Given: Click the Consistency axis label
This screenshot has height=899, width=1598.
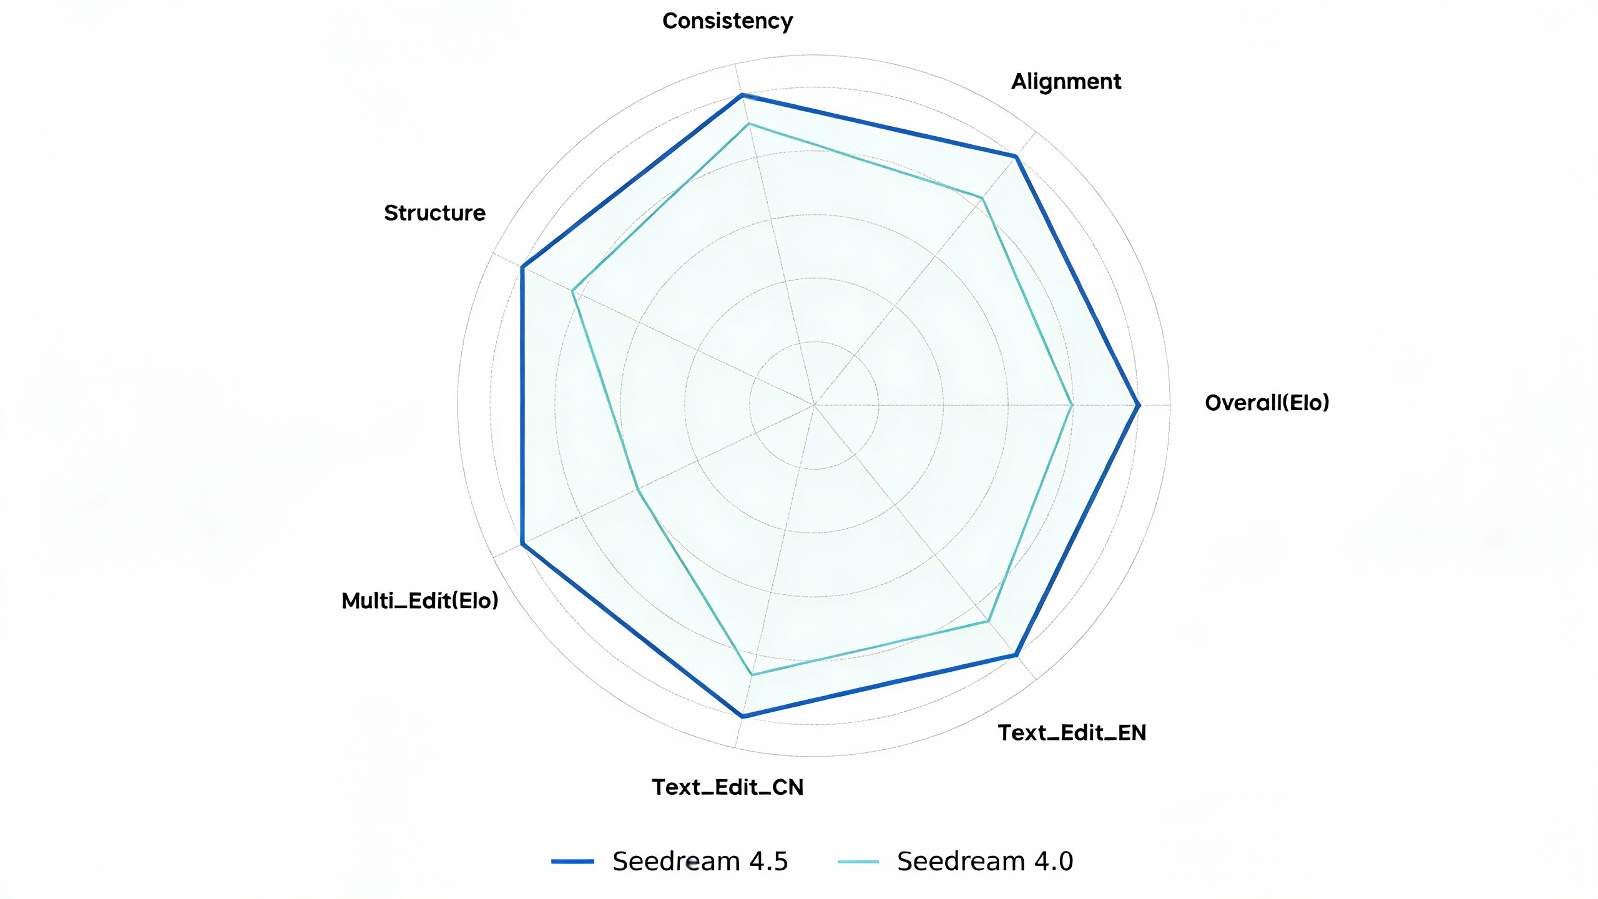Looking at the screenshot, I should click(x=727, y=21).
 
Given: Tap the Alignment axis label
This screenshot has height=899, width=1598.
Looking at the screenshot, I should click(x=1066, y=82).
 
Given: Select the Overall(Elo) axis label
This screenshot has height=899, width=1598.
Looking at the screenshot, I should click(x=1267, y=403).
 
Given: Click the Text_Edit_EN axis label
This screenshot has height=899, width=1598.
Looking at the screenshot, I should click(x=1072, y=732).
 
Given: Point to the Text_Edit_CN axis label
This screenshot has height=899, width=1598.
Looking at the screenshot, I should click(x=727, y=787).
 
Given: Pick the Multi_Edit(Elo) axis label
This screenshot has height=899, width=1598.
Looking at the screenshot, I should click(x=419, y=601).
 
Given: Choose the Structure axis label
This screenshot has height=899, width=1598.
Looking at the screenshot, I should click(x=434, y=213).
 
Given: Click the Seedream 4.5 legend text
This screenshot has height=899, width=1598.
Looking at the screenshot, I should click(x=700, y=862).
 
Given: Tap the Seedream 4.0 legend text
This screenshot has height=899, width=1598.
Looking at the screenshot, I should click(x=984, y=862).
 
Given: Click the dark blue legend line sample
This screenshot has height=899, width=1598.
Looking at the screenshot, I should click(x=572, y=862).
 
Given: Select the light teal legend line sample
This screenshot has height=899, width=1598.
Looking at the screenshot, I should click(x=858, y=862).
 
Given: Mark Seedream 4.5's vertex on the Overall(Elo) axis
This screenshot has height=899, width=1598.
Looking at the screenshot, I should click(x=1139, y=405).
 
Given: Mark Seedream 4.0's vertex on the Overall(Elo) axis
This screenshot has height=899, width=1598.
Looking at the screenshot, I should click(x=1072, y=405).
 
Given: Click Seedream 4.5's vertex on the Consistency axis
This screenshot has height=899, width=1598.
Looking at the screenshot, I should click(x=742, y=95).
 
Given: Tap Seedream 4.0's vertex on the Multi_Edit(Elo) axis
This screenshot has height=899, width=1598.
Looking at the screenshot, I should click(x=637, y=489).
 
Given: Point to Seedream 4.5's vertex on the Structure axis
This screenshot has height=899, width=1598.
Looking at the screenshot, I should click(x=522, y=267).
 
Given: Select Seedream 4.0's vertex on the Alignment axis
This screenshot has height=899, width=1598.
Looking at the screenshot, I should click(x=982, y=199).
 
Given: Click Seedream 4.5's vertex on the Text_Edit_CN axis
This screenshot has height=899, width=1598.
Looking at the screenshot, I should click(x=742, y=716).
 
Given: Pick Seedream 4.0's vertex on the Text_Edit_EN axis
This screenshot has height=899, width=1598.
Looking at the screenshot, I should click(x=988, y=621).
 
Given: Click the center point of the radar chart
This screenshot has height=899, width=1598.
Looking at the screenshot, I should click(x=814, y=405).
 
